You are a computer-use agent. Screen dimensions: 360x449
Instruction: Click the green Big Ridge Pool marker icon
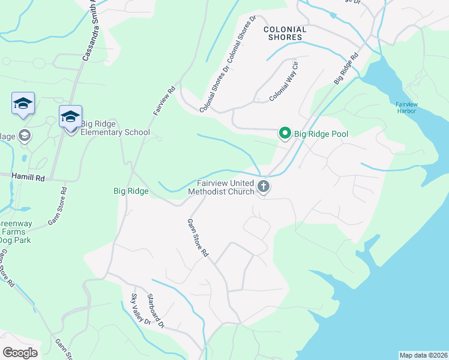click(x=285, y=133)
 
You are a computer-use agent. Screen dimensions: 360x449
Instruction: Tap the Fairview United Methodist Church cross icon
click(x=263, y=187)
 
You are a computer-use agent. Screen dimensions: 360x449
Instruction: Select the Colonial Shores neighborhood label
click(x=285, y=33)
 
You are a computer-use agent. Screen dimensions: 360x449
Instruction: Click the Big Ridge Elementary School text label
click(x=115, y=128)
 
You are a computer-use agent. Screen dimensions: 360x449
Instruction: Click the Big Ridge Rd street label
click(x=346, y=69)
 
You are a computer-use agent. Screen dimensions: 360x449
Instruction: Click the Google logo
click(x=20, y=352)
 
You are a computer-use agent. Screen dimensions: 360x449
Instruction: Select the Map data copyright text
click(x=423, y=355)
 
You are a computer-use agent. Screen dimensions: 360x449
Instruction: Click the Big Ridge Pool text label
click(x=321, y=133)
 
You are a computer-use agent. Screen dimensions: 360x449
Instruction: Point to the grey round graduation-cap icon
click(x=24, y=134)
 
